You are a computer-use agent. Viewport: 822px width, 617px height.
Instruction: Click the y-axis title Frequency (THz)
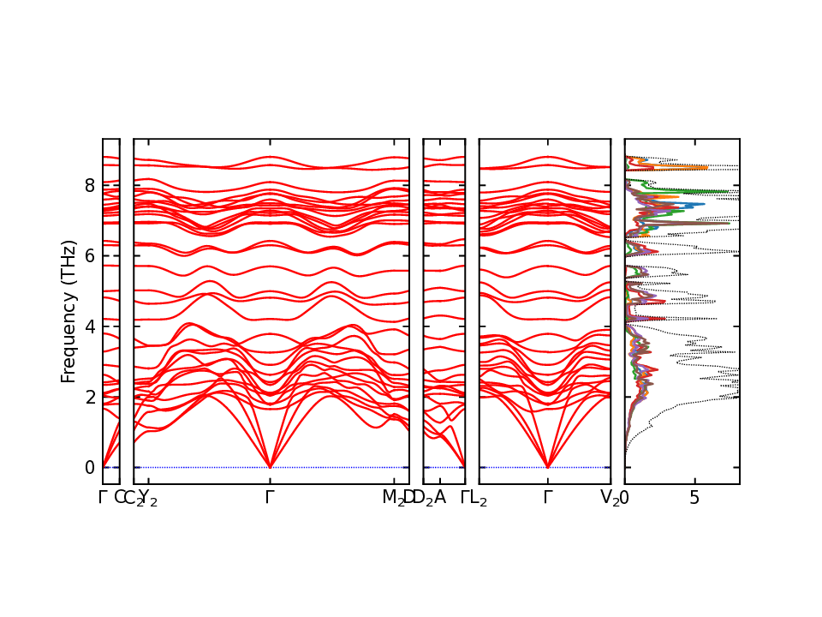[68, 311]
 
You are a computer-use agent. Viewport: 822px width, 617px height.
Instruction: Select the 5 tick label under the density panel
[694, 498]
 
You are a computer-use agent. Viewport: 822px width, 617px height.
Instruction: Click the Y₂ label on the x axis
[149, 498]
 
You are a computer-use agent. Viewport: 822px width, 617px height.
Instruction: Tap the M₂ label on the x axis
[393, 498]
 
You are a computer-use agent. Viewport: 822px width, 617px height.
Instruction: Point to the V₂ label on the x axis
[610, 498]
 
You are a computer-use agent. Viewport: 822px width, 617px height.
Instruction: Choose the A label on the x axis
[440, 497]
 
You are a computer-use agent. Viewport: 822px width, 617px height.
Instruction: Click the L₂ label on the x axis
[478, 498]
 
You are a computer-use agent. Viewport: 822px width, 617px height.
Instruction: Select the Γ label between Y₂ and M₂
[271, 497]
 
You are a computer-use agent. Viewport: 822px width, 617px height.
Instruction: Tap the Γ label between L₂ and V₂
[548, 497]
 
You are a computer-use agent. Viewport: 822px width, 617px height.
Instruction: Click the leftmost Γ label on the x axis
[103, 497]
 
